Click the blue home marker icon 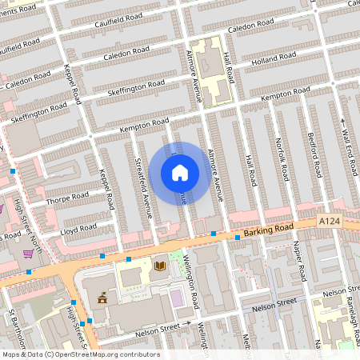[180, 173]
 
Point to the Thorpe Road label [68, 197]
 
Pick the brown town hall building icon [103, 298]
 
